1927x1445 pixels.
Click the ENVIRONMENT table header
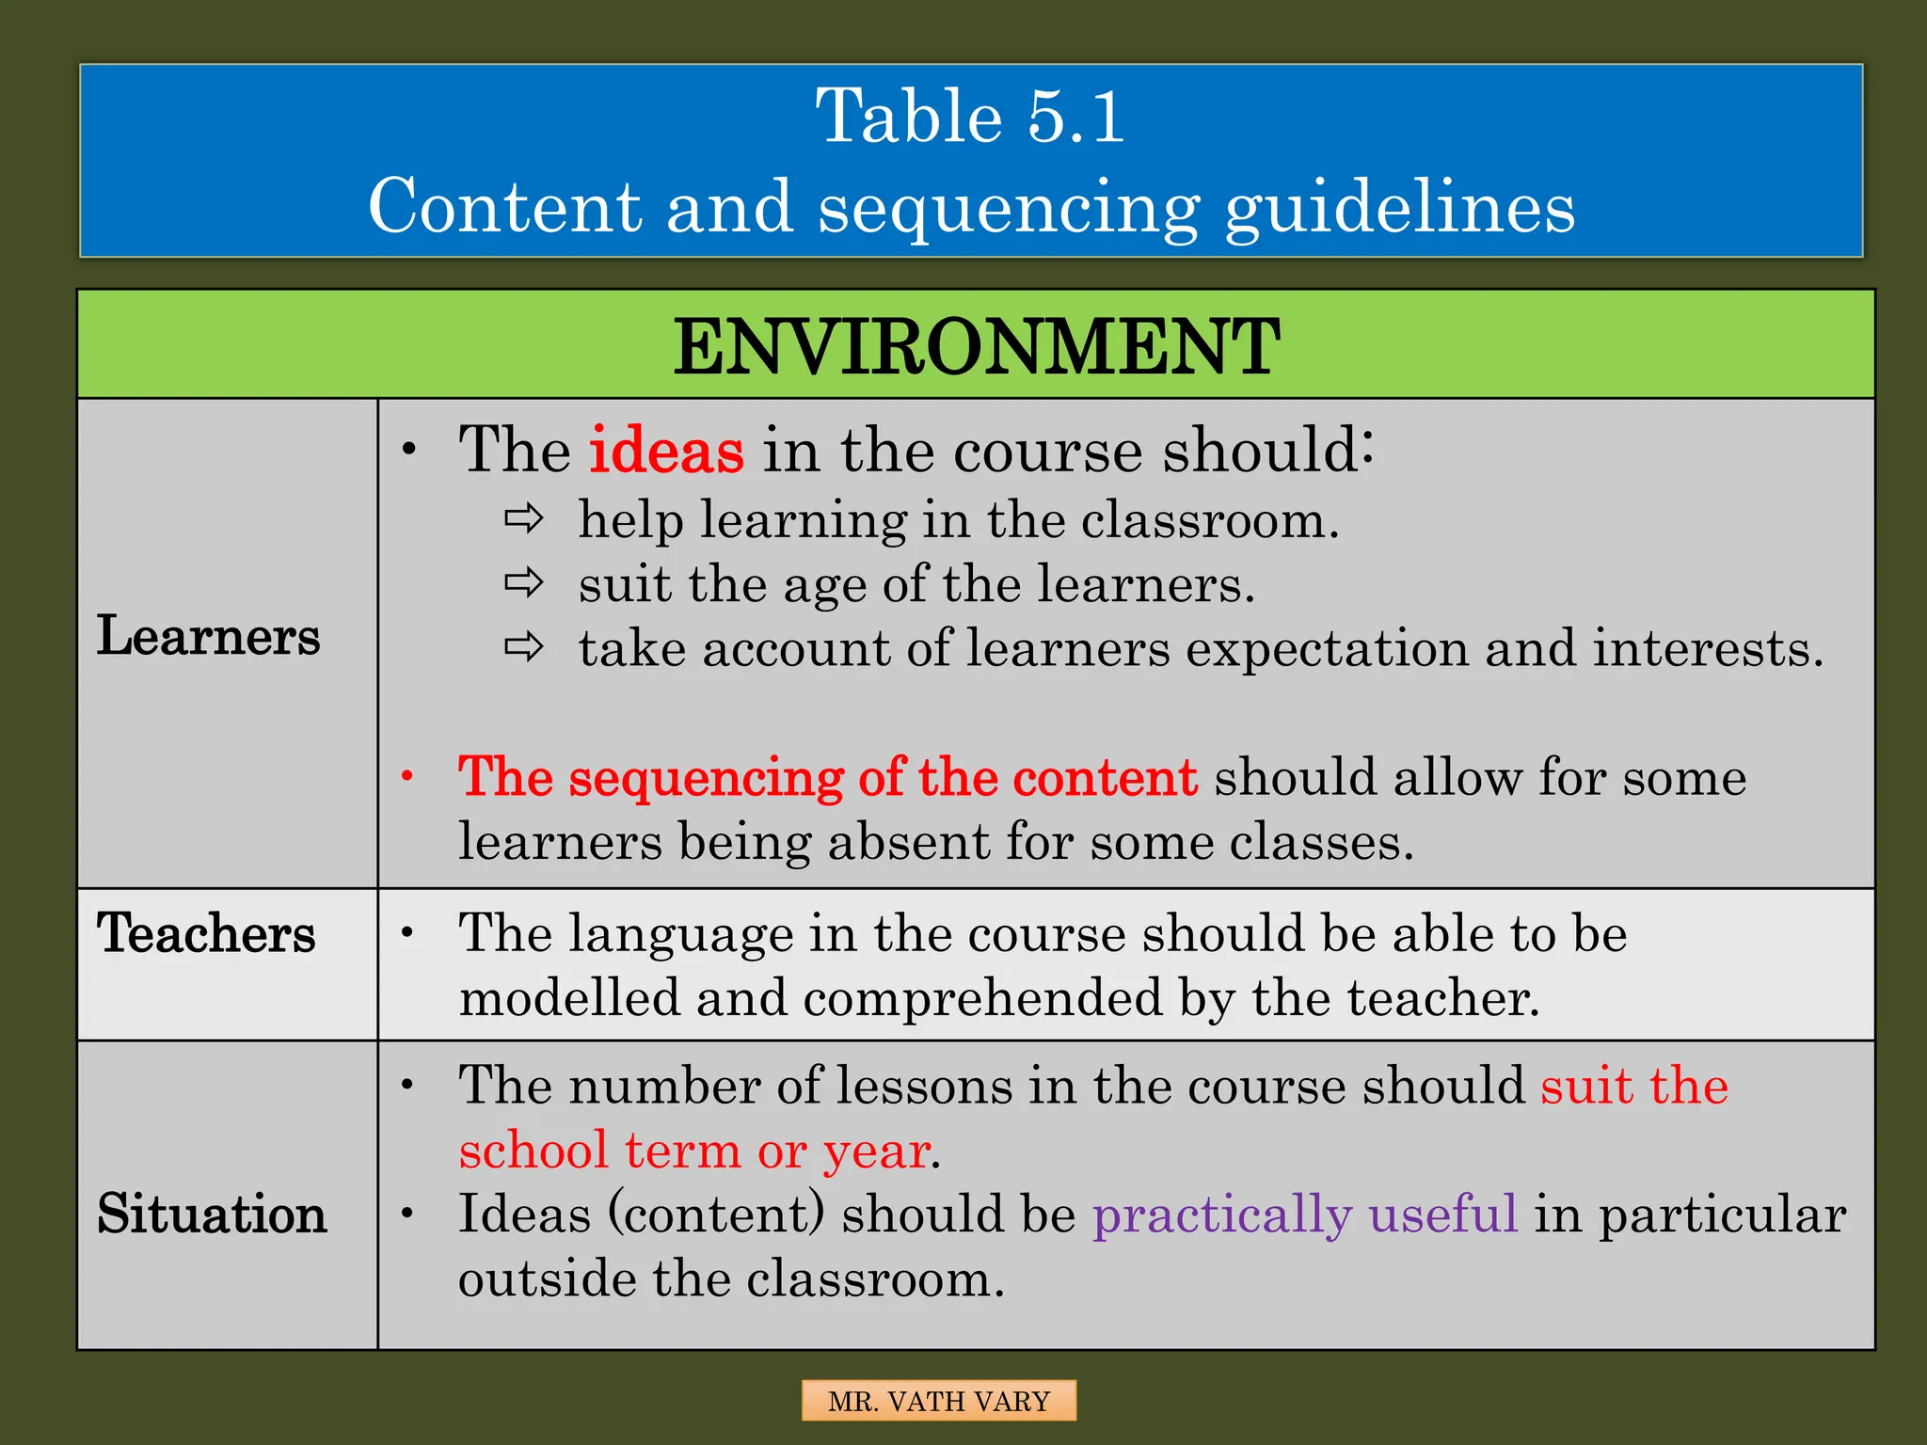[976, 346]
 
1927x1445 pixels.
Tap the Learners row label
[208, 636]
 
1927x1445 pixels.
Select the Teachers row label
[206, 933]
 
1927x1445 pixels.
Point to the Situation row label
[212, 1214]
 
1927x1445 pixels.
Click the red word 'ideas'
[666, 450]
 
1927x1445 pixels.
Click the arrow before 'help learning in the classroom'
[523, 518]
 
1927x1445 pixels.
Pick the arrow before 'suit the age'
[523, 583]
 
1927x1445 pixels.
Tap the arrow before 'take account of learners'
[523, 647]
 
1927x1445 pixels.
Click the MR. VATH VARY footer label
[938, 1401]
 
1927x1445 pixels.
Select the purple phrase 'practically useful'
[1304, 1214]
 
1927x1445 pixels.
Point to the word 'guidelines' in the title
[1399, 207]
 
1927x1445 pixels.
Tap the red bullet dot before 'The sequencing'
[407, 777]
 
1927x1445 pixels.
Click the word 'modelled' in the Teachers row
[569, 998]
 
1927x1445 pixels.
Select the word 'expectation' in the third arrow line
[1326, 649]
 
